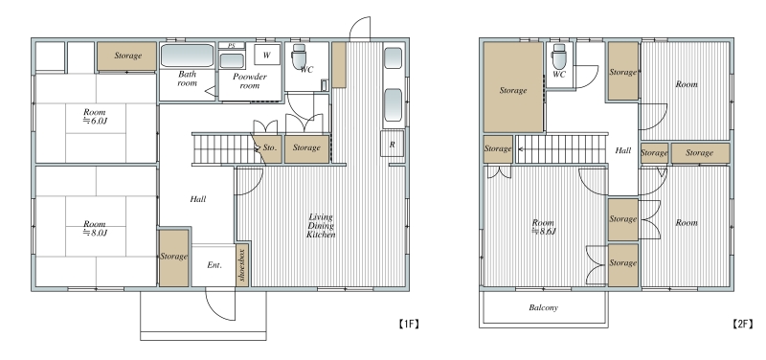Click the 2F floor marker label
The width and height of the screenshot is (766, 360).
click(x=743, y=324)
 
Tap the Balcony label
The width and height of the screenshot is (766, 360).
click(x=543, y=307)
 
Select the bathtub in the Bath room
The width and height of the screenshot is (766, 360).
click(x=187, y=56)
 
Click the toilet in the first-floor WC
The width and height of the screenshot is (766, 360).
click(x=298, y=57)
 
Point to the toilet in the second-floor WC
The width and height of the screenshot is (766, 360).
click(x=559, y=56)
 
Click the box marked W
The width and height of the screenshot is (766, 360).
click(x=267, y=55)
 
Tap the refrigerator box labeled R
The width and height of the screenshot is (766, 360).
click(x=393, y=144)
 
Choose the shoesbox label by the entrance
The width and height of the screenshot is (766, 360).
click(x=242, y=265)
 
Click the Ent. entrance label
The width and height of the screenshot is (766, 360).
click(x=214, y=265)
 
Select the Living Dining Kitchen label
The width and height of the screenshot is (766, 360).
click(x=321, y=226)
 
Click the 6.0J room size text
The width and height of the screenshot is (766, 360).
click(x=94, y=121)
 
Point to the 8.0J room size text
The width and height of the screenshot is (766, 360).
click(x=94, y=233)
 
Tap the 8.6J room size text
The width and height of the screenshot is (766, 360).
click(x=543, y=232)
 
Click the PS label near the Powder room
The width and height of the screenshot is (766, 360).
click(x=232, y=45)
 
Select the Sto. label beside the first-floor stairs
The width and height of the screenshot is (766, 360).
click(x=270, y=147)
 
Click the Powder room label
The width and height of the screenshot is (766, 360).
click(x=250, y=81)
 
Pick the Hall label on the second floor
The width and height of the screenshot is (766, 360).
click(x=623, y=150)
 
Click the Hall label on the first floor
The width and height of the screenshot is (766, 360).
click(x=198, y=199)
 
